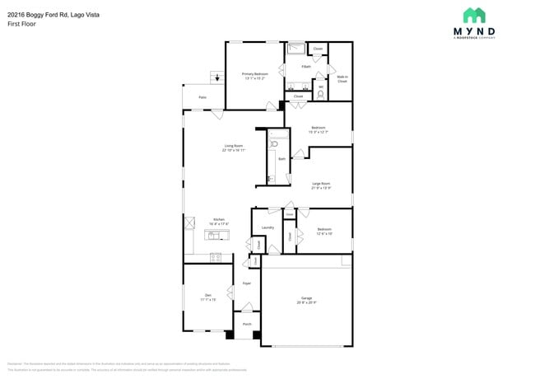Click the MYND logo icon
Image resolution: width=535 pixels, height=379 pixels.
click(473, 15)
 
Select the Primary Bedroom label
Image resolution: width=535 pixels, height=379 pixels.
click(254, 74)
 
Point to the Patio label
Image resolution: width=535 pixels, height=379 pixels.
click(202, 97)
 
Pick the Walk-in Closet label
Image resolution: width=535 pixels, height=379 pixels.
click(342, 78)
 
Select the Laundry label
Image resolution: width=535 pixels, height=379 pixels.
click(267, 227)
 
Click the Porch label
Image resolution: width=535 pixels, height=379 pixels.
click(247, 325)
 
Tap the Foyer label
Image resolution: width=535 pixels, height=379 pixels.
click(246, 283)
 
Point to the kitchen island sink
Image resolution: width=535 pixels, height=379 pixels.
click(213, 236)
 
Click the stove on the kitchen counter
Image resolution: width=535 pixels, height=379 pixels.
click(216, 258)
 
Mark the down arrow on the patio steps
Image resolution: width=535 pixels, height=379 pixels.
click(217, 78)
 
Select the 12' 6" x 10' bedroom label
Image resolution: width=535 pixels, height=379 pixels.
click(324, 231)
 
